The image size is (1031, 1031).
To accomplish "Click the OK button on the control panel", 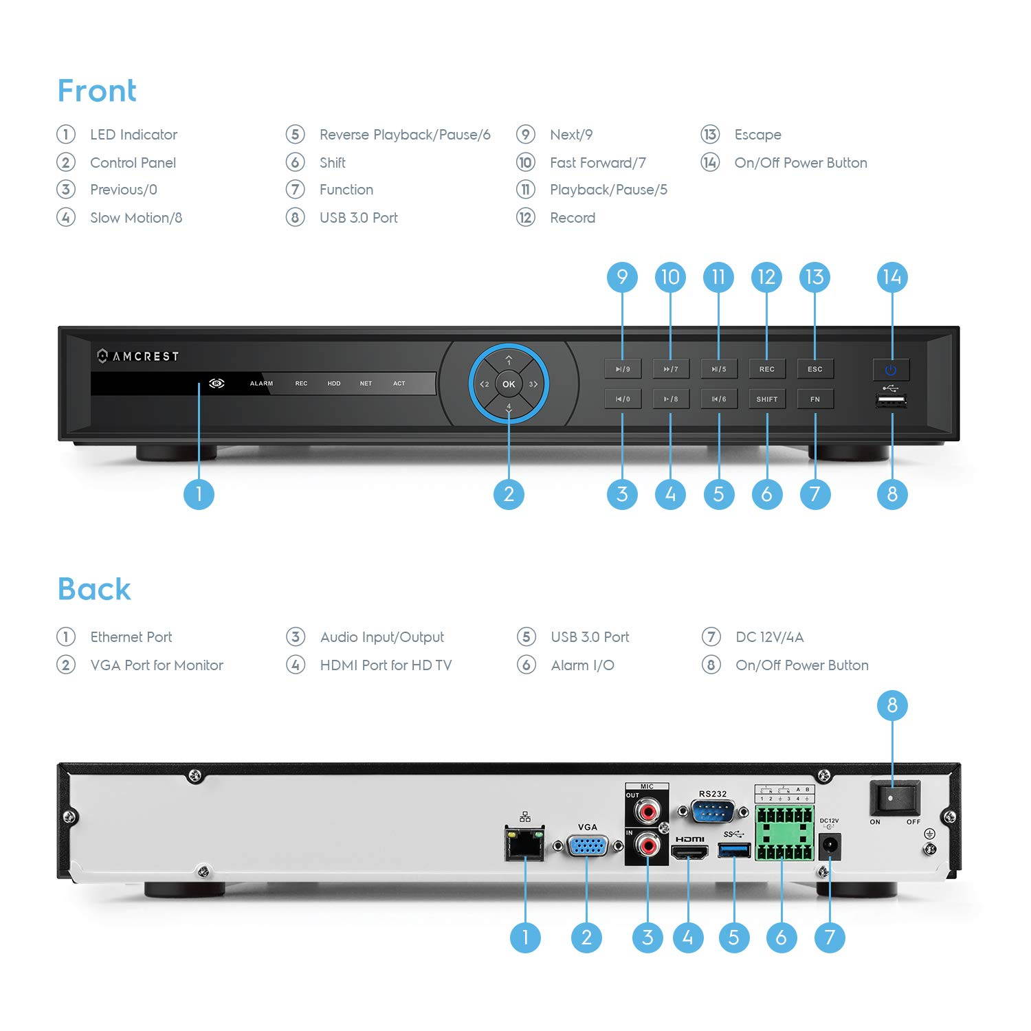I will (x=509, y=384).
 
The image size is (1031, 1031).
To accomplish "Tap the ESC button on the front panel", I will (x=814, y=369).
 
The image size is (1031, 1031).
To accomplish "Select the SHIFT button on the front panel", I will (x=766, y=399).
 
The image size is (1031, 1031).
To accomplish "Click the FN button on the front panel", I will (x=814, y=399).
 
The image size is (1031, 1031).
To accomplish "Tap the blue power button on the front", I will (x=891, y=370).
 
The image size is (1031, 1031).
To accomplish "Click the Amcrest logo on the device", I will (x=138, y=356).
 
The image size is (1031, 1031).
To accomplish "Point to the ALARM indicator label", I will (x=261, y=384).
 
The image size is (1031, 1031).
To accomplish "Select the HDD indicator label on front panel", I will (x=334, y=384).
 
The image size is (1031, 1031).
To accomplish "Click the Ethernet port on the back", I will (x=525, y=844).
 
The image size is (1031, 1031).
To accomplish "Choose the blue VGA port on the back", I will (x=587, y=845).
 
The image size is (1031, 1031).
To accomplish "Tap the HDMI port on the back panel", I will (x=689, y=853).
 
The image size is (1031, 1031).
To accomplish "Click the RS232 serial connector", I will (x=712, y=812).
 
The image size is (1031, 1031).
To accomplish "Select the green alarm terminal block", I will (x=784, y=834).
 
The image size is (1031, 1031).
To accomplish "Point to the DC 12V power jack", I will (x=830, y=847).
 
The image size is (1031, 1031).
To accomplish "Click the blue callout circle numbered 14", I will (x=892, y=277).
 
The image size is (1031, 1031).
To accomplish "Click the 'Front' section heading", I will (x=97, y=91).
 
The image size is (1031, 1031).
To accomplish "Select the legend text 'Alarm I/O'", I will (x=582, y=665).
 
